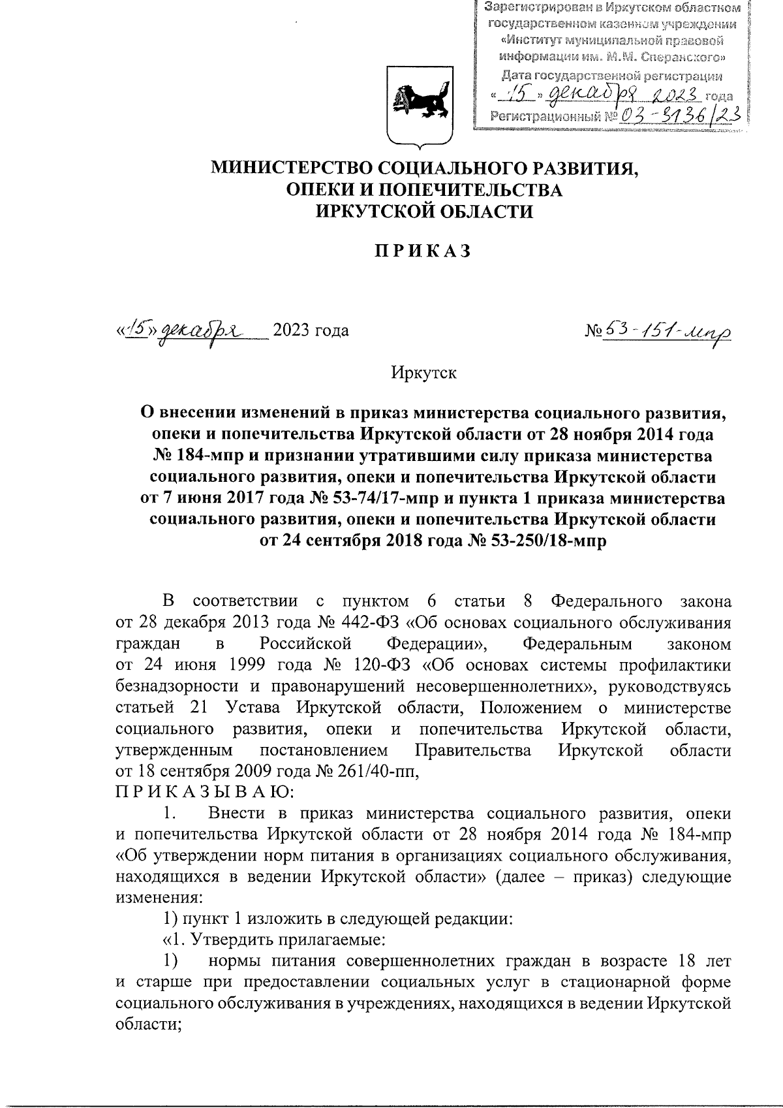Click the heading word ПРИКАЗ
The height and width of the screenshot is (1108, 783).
[x=422, y=252]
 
